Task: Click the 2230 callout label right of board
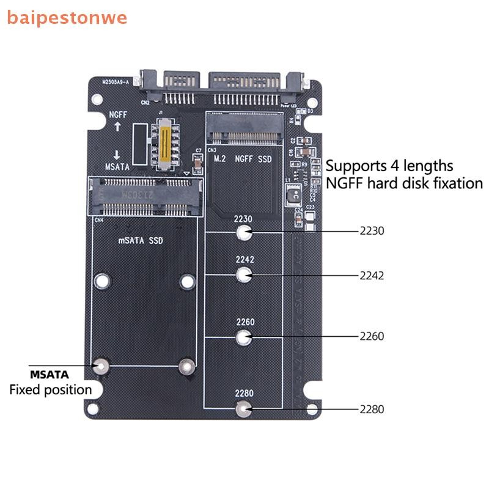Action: (372, 232)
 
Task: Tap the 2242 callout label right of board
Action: (372, 275)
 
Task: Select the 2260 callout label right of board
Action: (372, 336)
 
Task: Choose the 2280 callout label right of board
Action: (372, 409)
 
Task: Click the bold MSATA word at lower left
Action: (50, 374)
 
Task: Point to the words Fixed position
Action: (50, 389)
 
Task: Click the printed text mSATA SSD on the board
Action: (141, 240)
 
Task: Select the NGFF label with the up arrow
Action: (118, 114)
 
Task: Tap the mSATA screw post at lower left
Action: (101, 367)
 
